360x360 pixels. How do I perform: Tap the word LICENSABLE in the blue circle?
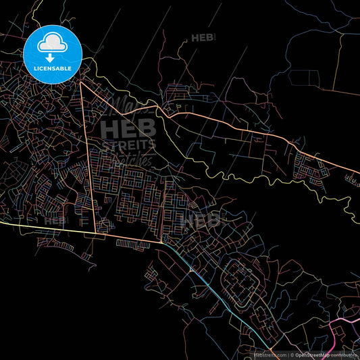click(x=53, y=68)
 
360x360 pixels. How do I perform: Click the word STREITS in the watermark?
click(x=128, y=145)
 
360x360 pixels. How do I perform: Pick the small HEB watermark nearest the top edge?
click(x=203, y=38)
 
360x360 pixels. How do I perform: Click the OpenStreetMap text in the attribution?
click(x=315, y=354)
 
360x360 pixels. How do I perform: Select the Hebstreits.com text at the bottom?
click(x=269, y=354)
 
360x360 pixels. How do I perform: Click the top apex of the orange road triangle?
click(x=80, y=82)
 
